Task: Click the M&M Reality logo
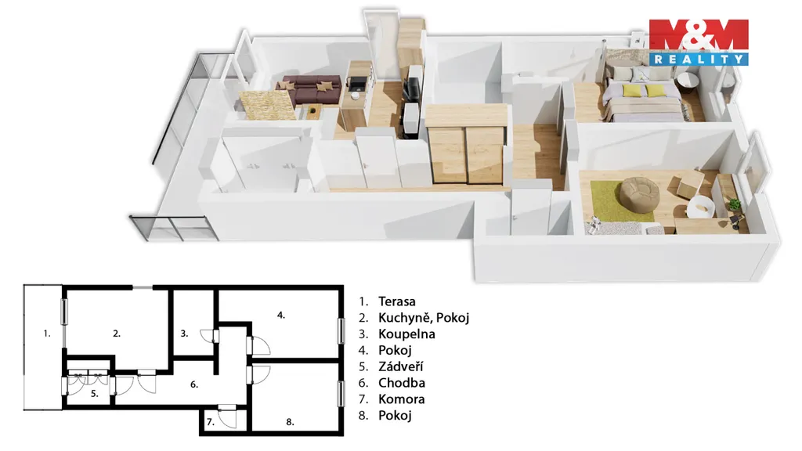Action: [699, 42]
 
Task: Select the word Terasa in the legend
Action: [397, 301]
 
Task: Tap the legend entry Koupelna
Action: [406, 334]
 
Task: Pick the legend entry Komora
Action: [401, 399]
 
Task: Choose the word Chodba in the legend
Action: [402, 383]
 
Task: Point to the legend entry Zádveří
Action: [400, 366]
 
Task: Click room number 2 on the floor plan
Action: [117, 334]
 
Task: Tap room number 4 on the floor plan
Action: [281, 315]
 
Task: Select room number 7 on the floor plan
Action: [210, 422]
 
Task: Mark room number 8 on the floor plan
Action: [290, 422]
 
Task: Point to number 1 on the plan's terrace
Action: [46, 334]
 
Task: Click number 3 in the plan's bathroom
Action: [184, 334]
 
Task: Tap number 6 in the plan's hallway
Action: [194, 384]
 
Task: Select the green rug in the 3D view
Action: [621, 201]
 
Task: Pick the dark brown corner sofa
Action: [310, 89]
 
